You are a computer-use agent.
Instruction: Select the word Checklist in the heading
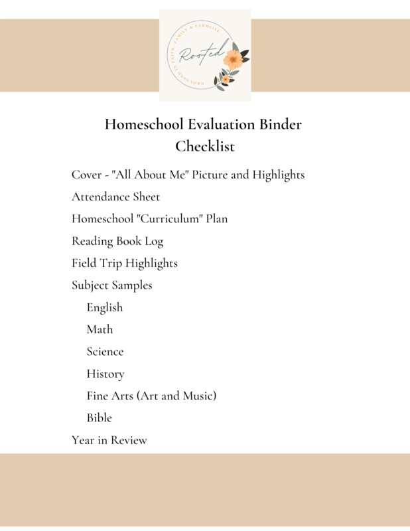[x=205, y=145]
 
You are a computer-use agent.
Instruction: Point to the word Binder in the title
[x=279, y=124]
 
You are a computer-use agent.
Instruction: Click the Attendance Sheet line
[x=115, y=196]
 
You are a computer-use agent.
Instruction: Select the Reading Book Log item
[x=117, y=241]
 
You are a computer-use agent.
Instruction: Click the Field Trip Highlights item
[x=124, y=263]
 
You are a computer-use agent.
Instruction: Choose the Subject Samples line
[x=111, y=285]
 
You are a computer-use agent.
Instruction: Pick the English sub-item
[x=104, y=307]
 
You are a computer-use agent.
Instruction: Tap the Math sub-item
[x=100, y=329]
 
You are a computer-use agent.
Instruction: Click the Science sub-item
[x=105, y=351]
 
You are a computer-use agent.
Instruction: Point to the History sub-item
[x=105, y=374]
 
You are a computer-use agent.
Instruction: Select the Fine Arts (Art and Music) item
[x=151, y=396]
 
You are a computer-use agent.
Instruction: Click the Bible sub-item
[x=99, y=417]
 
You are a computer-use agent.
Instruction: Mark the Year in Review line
[x=109, y=440]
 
